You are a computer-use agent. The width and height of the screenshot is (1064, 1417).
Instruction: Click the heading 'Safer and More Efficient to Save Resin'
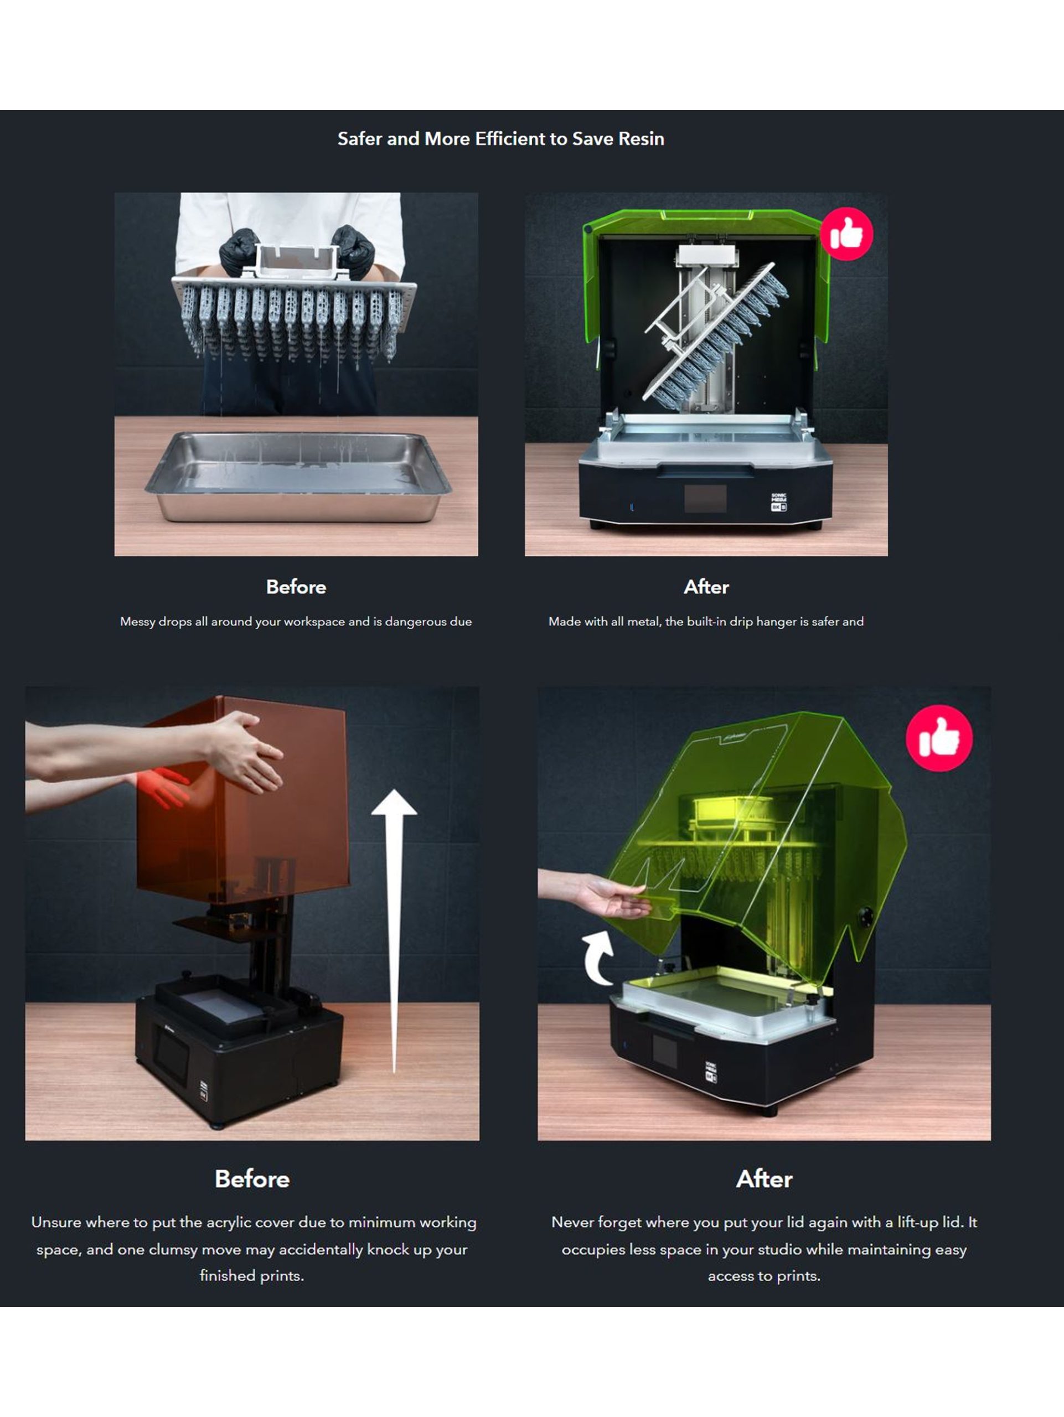click(500, 139)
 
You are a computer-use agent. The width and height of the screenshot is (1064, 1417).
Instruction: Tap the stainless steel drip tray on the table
click(298, 475)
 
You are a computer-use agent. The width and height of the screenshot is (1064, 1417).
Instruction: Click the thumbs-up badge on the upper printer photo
click(846, 234)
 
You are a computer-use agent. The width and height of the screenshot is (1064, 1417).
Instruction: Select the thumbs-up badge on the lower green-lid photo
click(939, 738)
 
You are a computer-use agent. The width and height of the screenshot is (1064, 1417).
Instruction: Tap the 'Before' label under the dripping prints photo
click(296, 587)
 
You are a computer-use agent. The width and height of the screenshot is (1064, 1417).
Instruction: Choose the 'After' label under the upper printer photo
click(706, 587)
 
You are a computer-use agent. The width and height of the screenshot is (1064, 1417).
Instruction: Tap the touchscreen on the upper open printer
click(705, 498)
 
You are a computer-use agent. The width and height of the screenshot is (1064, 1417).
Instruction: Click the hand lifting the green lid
click(615, 895)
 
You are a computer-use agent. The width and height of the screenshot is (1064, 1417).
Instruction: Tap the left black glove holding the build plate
click(238, 252)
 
